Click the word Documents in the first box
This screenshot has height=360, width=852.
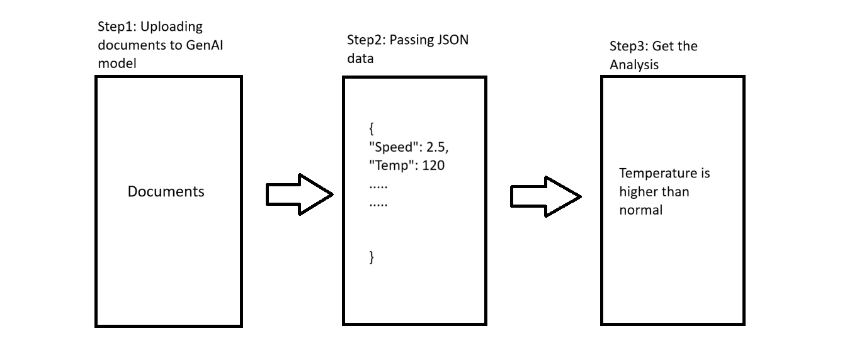click(166, 191)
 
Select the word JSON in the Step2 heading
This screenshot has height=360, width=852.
click(451, 40)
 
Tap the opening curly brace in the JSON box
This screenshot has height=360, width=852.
click(372, 130)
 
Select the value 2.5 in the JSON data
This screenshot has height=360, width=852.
click(436, 149)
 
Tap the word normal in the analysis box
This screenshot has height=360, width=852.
click(640, 210)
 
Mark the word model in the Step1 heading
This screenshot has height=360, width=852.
click(116, 64)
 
